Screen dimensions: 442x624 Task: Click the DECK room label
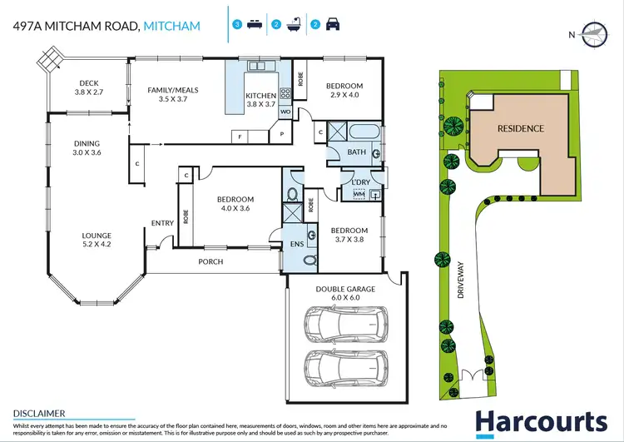89,83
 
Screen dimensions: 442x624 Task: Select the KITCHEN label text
260,97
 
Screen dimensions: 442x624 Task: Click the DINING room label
87,144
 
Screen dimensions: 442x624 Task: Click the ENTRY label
162,222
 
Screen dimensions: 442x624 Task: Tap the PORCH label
210,261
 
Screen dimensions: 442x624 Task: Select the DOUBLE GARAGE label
344,289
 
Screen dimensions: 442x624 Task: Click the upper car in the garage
344,324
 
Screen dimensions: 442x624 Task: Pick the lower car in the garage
344,365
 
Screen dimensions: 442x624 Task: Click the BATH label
357,152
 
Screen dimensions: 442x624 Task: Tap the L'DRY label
361,181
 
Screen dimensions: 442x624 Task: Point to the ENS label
298,245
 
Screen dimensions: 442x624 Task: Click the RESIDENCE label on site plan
521,128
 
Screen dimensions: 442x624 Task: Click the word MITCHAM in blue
171,27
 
